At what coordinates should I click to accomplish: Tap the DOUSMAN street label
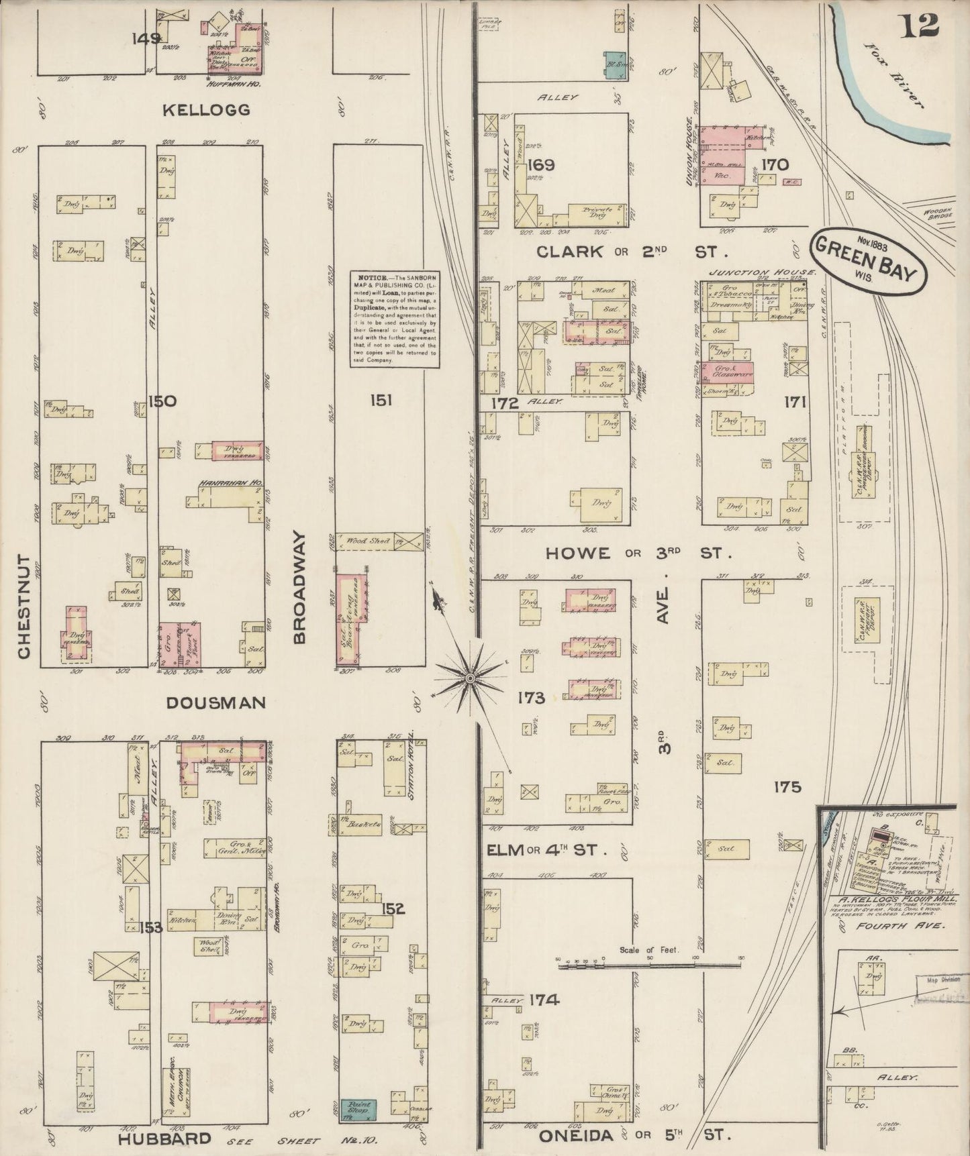point(215,702)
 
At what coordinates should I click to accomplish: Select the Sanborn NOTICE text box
point(394,319)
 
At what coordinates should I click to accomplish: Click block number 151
point(380,401)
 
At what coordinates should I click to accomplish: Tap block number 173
point(530,698)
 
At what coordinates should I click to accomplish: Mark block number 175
point(787,786)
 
